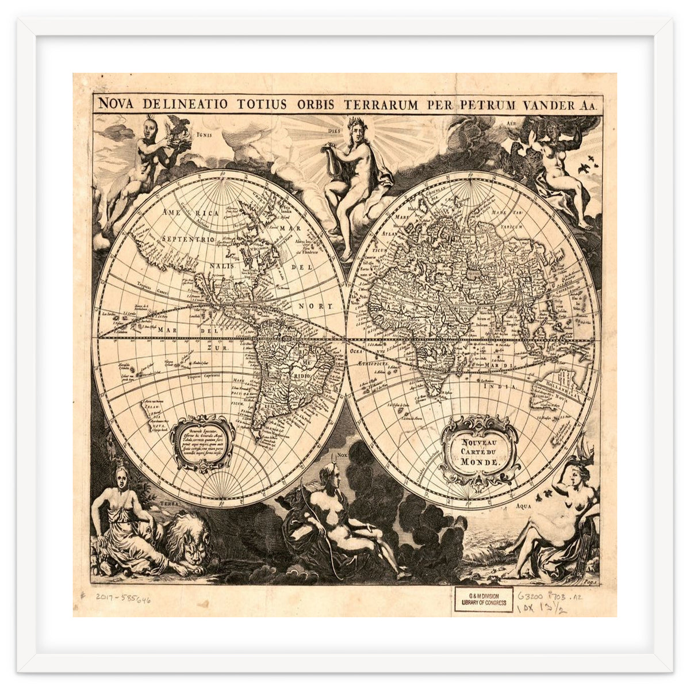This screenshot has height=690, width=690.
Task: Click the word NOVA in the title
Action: coord(118,104)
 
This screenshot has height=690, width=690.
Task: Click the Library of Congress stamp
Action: coord(484,599)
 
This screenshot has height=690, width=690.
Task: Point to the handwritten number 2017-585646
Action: coord(124,599)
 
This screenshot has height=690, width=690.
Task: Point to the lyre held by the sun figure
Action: coord(332,154)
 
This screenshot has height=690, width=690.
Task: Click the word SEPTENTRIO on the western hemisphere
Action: coord(188,239)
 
